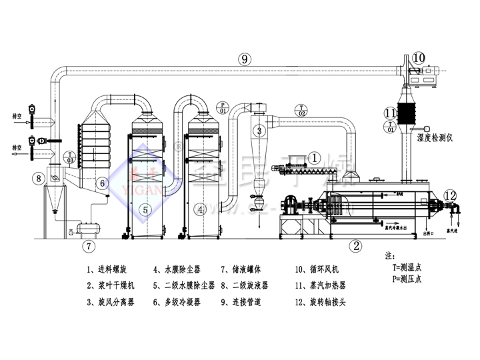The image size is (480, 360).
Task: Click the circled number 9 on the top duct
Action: (245, 59)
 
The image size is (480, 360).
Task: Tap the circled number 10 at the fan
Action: (417, 57)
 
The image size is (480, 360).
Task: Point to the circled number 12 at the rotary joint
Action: (451, 195)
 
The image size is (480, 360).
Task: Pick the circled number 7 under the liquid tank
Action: (89, 246)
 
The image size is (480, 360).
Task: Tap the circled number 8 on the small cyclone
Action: (39, 178)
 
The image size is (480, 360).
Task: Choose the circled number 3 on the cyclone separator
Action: (260, 130)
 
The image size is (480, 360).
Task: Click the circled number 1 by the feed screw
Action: (315, 157)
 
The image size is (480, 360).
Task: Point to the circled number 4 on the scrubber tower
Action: (199, 209)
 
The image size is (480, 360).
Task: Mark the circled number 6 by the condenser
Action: (103, 183)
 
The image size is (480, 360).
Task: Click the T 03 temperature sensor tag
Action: (69, 158)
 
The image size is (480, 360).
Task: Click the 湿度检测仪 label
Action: (435, 138)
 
